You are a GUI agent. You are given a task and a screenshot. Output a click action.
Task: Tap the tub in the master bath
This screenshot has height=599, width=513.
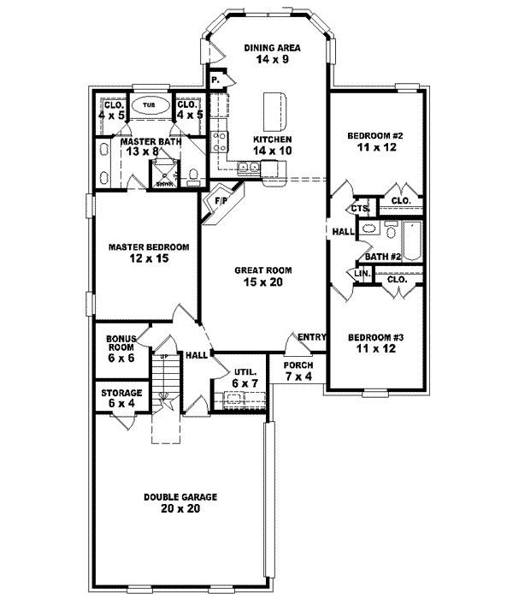click(150, 104)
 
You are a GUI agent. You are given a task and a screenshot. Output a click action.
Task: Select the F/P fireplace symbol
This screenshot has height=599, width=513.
click(218, 204)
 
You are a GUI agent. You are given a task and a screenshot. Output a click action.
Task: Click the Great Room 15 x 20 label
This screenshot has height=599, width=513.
click(258, 276)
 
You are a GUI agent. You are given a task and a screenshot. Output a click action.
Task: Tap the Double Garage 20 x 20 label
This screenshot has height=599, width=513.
click(180, 502)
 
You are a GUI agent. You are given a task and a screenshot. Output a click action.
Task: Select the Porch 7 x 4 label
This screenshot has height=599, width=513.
click(299, 370)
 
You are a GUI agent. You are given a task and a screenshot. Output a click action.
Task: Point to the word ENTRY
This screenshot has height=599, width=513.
click(312, 338)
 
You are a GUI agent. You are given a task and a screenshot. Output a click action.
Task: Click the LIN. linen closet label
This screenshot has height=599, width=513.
click(359, 273)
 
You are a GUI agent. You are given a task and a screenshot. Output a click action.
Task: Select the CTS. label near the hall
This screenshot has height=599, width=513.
click(358, 209)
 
